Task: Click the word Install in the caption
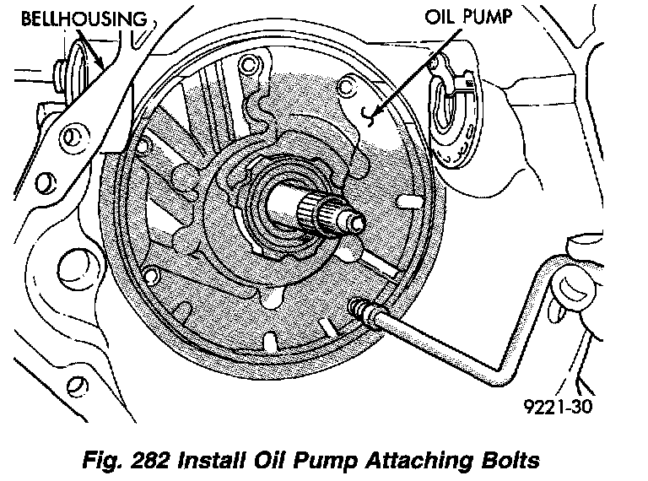tap(211, 461)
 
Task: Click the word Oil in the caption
tap(269, 461)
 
